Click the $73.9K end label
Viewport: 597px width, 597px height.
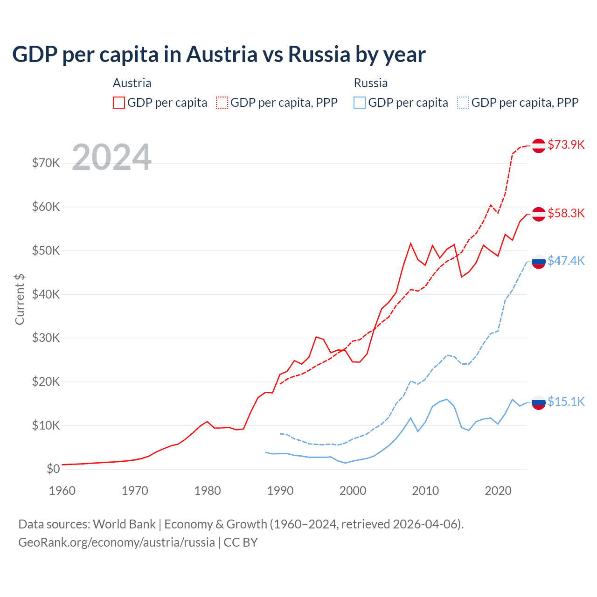point(566,145)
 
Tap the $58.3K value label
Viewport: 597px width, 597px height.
point(566,214)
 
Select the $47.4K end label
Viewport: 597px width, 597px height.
point(566,261)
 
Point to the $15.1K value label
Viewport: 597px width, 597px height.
point(566,402)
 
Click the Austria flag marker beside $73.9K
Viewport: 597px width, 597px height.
point(539,146)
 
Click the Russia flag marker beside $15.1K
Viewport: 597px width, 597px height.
point(539,402)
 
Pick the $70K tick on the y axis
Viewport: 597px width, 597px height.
point(46,163)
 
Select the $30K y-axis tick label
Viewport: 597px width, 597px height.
point(46,338)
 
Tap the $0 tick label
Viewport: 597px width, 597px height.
point(53,469)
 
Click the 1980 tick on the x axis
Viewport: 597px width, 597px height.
point(208,491)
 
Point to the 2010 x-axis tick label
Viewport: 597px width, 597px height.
point(425,491)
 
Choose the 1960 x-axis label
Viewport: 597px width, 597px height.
point(62,491)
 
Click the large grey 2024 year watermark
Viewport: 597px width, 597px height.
point(112,157)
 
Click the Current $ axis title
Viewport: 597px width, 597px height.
point(20,299)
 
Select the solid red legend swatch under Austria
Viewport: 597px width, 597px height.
point(119,103)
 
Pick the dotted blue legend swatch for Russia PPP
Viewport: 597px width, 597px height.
point(463,103)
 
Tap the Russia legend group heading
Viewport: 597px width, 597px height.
point(371,83)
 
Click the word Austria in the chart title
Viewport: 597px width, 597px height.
point(222,54)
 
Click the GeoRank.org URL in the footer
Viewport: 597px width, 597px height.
point(117,542)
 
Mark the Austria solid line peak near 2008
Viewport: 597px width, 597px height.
point(410,243)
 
